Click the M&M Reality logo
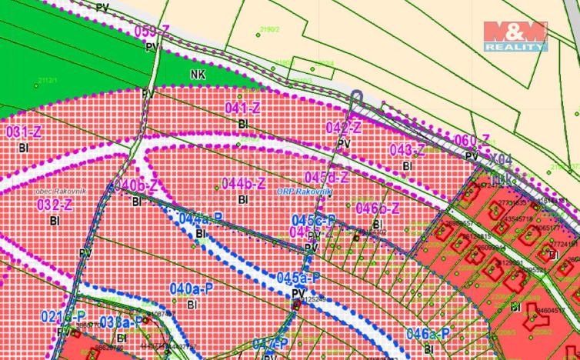click(x=515, y=35)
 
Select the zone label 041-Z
click(x=242, y=108)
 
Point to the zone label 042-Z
click(x=344, y=128)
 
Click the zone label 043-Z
click(x=408, y=149)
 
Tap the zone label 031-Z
click(x=23, y=132)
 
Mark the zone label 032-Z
click(x=55, y=205)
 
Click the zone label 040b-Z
click(x=136, y=186)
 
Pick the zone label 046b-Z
click(x=378, y=208)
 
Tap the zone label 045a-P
click(x=298, y=278)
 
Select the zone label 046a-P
click(x=428, y=333)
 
